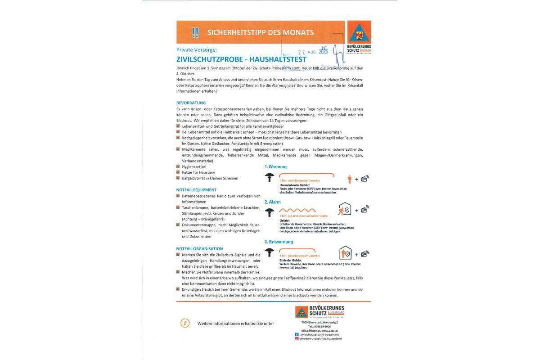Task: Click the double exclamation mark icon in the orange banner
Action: coord(195,32)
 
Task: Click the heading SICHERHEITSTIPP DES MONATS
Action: coord(260,32)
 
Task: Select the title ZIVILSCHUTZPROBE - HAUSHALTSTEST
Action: coord(241,59)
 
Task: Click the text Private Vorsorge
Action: coord(197,49)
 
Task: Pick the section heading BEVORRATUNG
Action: coord(191,103)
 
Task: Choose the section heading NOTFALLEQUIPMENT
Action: coord(196,190)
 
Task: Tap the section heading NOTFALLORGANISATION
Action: coord(199,248)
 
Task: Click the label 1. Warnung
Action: coord(275,167)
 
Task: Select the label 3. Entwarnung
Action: coord(279,242)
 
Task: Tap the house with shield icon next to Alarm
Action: coord(345,210)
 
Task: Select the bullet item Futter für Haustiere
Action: coord(198,172)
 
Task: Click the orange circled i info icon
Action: coord(184,323)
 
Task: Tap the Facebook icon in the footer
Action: coord(297,334)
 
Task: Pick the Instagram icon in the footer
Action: coord(297,338)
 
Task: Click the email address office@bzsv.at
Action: coord(311,330)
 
